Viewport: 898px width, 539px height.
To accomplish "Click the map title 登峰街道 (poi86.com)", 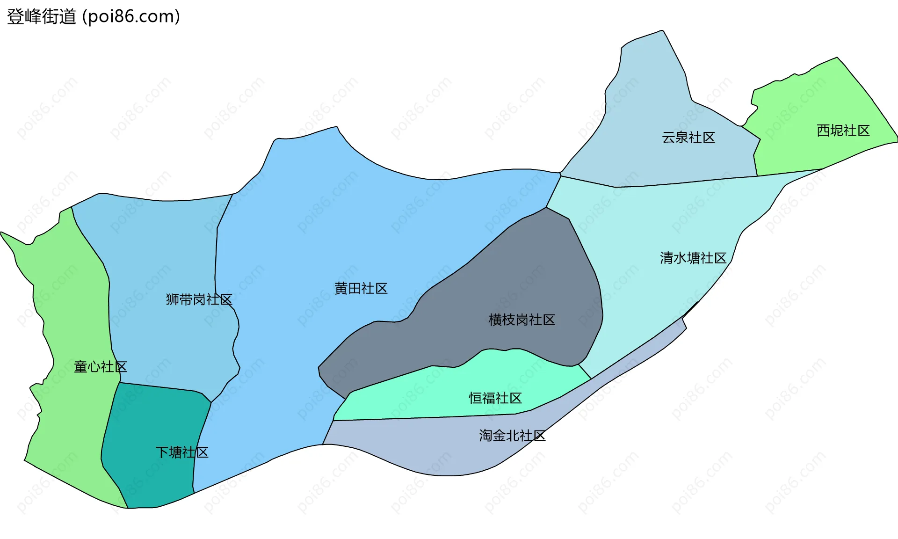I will [x=94, y=16].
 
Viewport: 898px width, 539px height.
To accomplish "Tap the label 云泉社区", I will [x=688, y=138].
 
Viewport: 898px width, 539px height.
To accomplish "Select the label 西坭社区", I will [x=843, y=131].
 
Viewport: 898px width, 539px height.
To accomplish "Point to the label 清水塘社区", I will [x=693, y=258].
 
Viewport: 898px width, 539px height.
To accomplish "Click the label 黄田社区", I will [x=361, y=289].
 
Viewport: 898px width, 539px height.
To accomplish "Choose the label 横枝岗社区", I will [x=521, y=320].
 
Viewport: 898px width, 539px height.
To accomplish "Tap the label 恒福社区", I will [x=495, y=398].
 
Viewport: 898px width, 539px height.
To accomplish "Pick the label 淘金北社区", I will [x=512, y=436].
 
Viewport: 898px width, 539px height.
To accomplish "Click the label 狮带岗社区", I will [x=199, y=299].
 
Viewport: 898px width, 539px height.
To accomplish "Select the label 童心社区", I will [x=100, y=367].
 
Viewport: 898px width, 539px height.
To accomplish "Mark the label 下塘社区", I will [x=181, y=452].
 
